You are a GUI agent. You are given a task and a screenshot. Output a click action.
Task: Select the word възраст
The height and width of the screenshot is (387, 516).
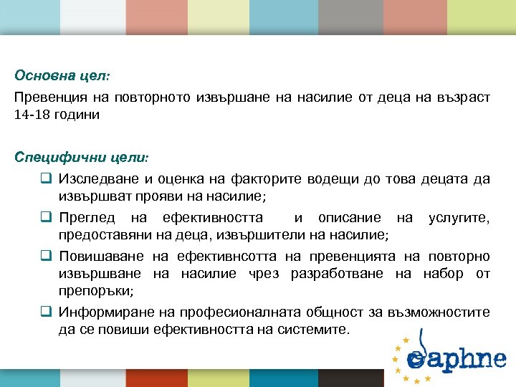point(459,98)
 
